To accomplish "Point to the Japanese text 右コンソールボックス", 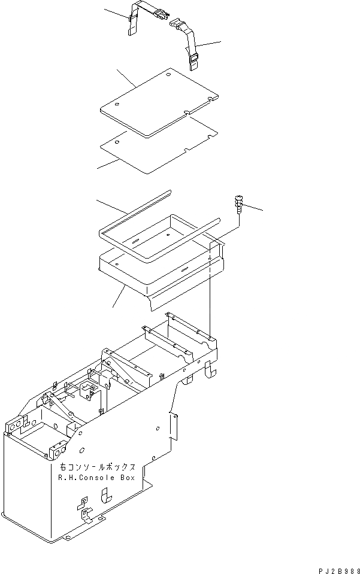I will [98, 467].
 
